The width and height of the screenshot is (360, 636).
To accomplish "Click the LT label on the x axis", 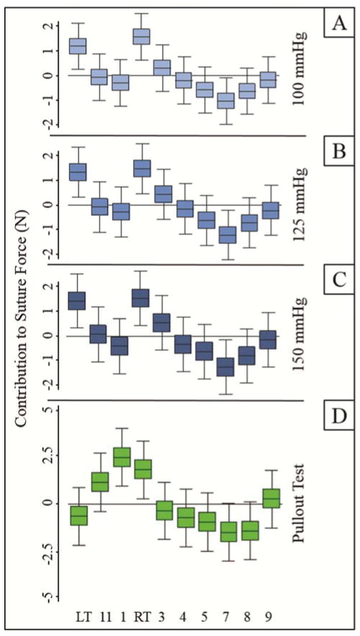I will (x=78, y=617).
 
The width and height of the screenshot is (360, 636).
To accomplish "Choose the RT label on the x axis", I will (x=143, y=617).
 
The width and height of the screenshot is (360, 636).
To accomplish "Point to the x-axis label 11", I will (x=99, y=617).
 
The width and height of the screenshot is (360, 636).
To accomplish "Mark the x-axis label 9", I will (x=271, y=617).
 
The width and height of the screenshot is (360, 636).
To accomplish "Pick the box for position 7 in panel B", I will (x=207, y=236).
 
